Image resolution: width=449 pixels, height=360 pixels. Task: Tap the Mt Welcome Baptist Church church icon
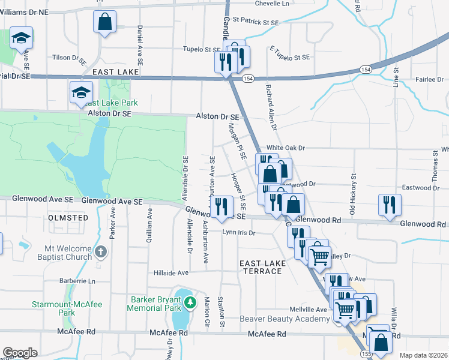(x=101, y=252)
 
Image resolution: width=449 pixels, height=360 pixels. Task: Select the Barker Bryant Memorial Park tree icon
(x=190, y=302)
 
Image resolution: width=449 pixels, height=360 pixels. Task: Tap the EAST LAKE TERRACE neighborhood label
(x=261, y=268)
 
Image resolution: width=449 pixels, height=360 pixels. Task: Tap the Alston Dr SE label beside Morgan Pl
(x=217, y=117)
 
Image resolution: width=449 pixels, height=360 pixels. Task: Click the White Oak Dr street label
(x=286, y=148)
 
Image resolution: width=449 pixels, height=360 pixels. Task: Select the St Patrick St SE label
(x=256, y=22)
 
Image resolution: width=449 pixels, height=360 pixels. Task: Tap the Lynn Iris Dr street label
(x=239, y=233)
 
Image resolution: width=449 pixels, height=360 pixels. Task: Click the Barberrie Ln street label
(x=77, y=281)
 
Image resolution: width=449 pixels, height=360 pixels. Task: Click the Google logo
(x=20, y=352)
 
